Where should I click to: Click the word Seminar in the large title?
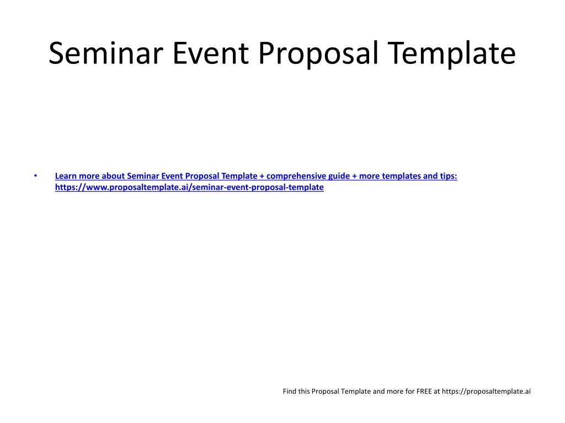(106, 53)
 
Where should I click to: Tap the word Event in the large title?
(211, 53)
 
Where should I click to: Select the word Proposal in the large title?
(318, 55)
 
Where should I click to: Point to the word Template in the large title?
(452, 55)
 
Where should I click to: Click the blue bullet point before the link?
(36, 176)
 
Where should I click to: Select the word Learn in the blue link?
(66, 176)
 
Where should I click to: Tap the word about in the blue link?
(113, 176)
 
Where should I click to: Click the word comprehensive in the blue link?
(296, 176)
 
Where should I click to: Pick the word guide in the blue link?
(339, 176)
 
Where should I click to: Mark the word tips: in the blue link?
(449, 176)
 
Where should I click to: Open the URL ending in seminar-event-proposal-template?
(190, 187)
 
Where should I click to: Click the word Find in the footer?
(289, 392)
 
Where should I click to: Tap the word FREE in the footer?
(424, 392)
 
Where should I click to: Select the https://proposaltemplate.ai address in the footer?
(486, 392)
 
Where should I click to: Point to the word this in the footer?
(304, 392)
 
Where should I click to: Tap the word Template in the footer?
(356, 392)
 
